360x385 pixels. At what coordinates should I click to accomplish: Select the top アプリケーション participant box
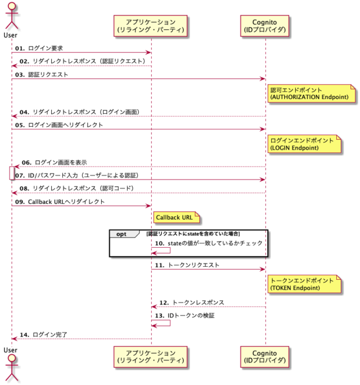coord(151,25)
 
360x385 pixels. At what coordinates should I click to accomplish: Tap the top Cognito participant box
coord(265,25)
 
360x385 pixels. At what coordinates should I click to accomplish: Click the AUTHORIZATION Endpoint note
coord(312,93)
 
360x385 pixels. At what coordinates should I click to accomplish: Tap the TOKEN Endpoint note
coord(304,284)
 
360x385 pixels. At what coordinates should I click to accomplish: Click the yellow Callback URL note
coord(174,217)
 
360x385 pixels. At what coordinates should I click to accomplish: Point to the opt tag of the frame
coord(121,234)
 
